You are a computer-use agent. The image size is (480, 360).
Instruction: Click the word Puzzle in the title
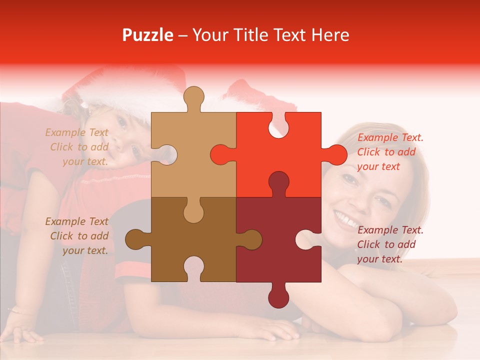click(x=147, y=35)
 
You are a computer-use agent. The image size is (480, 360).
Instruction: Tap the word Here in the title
click(x=328, y=35)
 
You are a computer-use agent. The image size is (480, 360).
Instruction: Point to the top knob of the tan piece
click(x=193, y=97)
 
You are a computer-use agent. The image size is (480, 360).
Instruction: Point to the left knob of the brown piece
click(x=135, y=239)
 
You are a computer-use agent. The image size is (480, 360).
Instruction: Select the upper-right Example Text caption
click(x=389, y=152)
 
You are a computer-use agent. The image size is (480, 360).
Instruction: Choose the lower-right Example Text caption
click(x=389, y=244)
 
